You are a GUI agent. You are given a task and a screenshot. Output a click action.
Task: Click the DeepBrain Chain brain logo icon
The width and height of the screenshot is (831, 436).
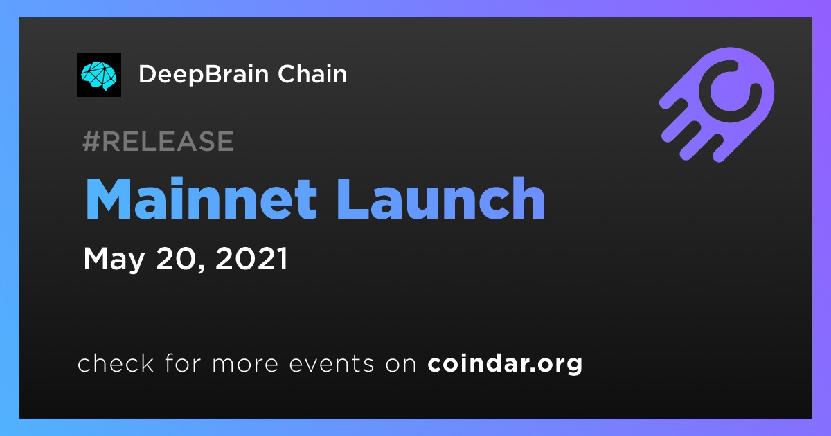(98, 75)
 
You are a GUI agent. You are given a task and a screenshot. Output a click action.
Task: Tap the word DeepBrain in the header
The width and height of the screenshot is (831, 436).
(204, 75)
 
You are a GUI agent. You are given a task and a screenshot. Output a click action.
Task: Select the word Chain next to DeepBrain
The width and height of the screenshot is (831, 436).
(312, 74)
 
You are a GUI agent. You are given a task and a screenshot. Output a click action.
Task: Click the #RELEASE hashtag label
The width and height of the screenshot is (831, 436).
(158, 141)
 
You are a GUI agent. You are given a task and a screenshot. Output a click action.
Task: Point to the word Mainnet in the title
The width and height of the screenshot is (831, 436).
(202, 199)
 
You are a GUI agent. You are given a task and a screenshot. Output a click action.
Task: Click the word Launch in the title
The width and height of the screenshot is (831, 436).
(440, 199)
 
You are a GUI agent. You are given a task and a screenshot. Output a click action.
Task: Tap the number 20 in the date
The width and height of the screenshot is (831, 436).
(175, 258)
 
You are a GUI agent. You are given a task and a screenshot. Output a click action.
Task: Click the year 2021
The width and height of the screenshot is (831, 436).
(251, 258)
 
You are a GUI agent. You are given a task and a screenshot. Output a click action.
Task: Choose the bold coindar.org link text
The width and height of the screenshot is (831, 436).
(505, 364)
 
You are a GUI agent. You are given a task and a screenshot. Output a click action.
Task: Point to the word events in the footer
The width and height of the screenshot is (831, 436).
(332, 364)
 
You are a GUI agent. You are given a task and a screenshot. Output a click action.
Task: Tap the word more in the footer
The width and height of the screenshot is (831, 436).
(245, 364)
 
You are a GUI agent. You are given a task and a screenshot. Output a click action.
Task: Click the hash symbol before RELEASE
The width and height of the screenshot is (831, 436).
(91, 141)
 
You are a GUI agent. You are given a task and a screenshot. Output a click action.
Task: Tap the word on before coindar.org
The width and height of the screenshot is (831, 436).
(401, 364)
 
